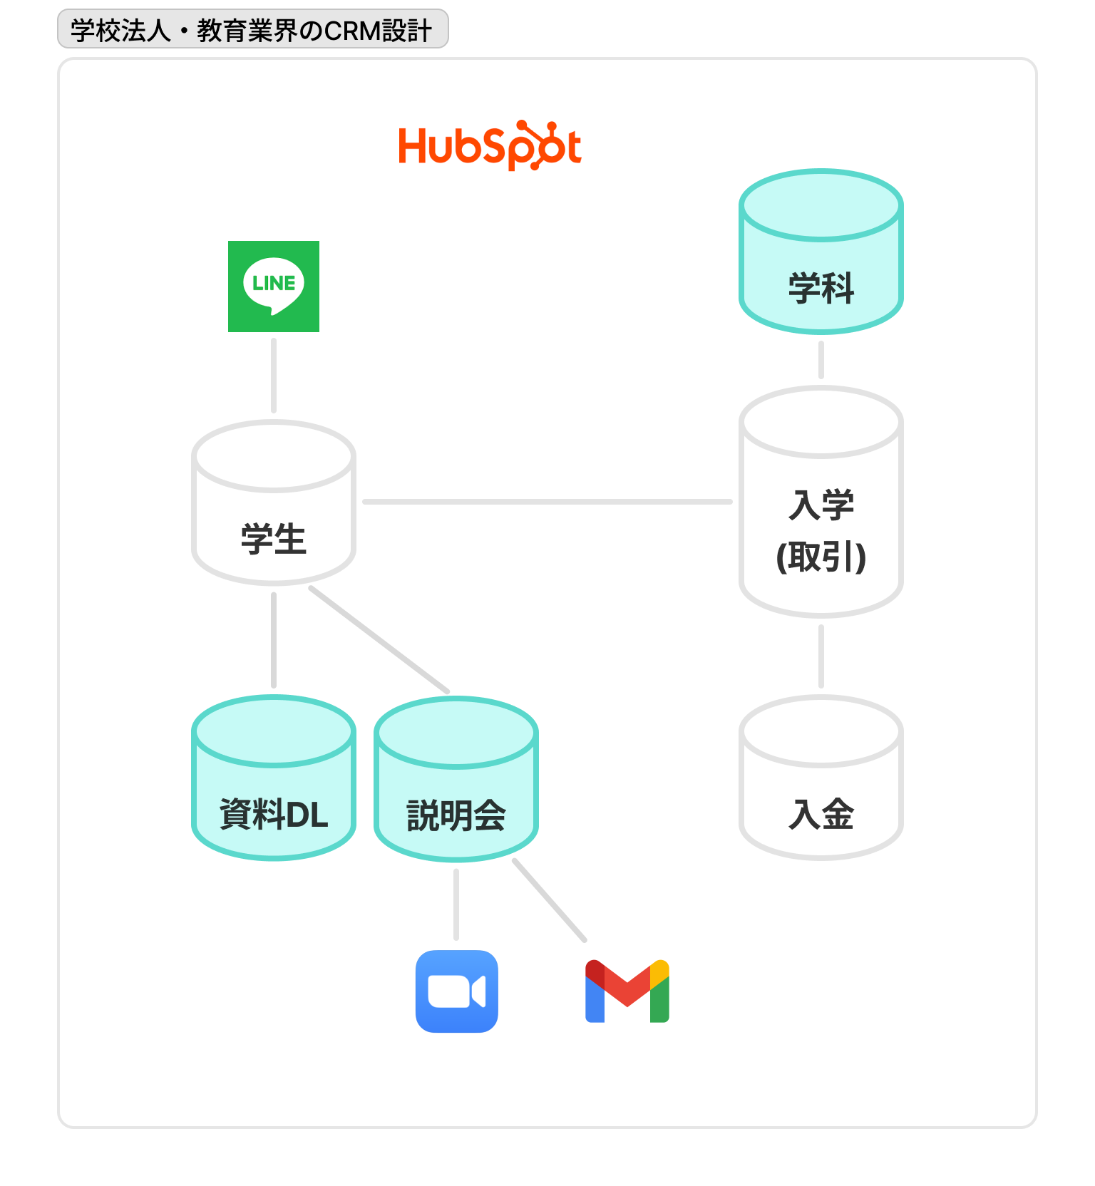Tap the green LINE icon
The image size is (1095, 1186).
point(274,287)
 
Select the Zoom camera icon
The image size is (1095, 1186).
point(457,991)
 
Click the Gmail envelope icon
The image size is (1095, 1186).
point(627,991)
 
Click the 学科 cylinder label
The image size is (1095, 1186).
point(821,289)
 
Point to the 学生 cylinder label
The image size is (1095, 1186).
point(274,539)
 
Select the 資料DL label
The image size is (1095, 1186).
point(274,814)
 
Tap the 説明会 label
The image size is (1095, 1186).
point(456,815)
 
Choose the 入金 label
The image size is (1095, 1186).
point(821,814)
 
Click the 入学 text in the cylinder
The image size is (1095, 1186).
point(821,505)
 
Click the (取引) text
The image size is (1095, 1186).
point(821,557)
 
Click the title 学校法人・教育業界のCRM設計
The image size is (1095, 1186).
point(252,31)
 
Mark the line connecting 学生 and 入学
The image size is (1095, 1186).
point(547,502)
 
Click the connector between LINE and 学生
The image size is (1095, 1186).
point(274,376)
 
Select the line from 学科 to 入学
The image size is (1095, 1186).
point(821,360)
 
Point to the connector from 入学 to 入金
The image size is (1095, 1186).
point(821,656)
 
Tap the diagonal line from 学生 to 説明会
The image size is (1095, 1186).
point(379,639)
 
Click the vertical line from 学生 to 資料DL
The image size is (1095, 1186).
point(274,640)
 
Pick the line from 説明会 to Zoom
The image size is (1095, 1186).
point(456,904)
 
